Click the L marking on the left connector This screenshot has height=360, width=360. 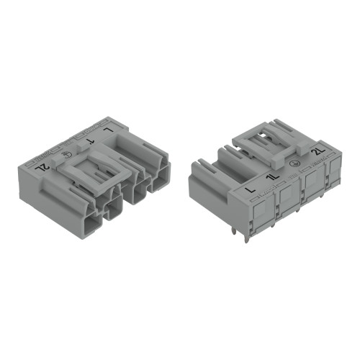click(109, 130)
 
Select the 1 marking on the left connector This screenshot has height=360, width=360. click(91, 142)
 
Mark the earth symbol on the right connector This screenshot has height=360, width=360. click(294, 164)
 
